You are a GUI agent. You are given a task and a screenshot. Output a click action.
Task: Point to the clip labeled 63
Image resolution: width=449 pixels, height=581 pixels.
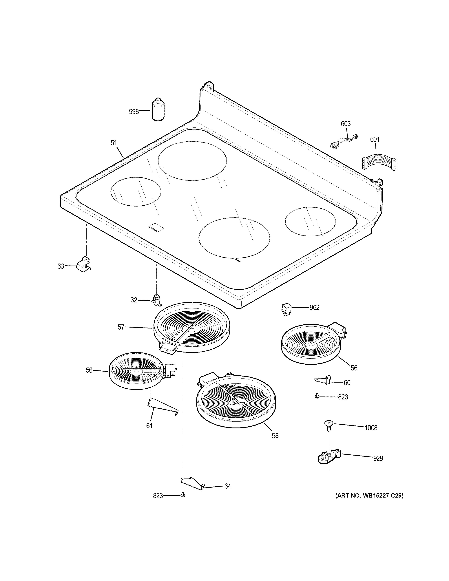click(83, 264)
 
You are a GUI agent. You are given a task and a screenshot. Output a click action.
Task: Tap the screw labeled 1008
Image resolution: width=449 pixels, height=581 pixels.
click(328, 425)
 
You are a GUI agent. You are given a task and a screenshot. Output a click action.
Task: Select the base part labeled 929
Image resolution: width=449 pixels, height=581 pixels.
click(328, 457)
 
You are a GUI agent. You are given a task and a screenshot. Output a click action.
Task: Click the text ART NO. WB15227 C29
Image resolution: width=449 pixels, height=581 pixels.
click(369, 496)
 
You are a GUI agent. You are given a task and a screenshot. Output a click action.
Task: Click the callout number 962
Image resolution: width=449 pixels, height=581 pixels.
click(314, 308)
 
